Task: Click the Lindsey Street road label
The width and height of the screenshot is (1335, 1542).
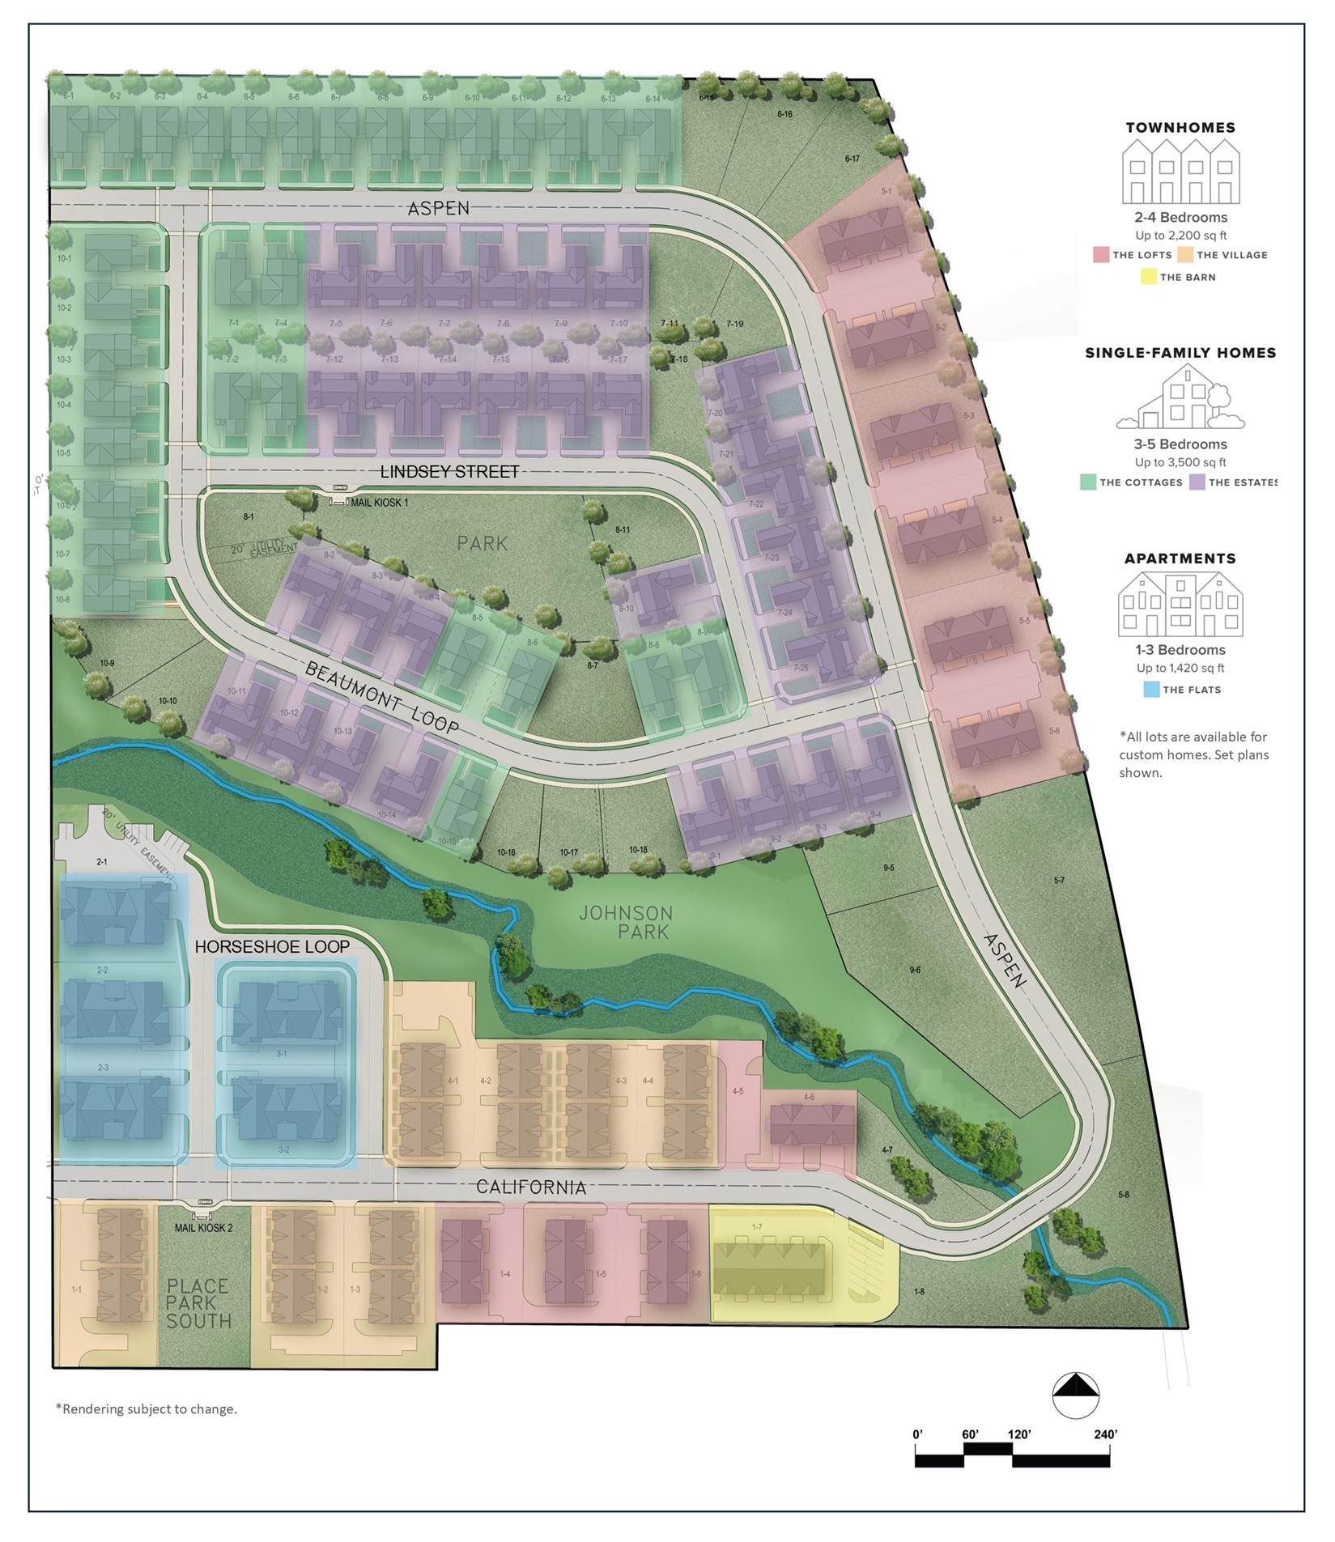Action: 449,471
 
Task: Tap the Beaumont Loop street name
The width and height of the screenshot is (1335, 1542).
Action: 382,697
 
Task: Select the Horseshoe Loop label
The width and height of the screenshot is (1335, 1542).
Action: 272,946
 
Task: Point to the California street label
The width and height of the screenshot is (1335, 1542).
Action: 531,1187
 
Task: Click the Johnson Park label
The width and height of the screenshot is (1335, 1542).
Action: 626,922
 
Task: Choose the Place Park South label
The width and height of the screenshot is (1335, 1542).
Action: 198,1303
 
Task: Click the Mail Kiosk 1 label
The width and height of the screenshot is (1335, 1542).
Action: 378,503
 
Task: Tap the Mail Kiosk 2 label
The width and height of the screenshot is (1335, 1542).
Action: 203,1228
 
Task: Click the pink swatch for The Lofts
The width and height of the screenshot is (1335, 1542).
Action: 1101,255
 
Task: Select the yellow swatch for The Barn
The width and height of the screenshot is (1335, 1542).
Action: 1148,277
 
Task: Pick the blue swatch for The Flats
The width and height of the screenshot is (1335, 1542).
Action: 1151,690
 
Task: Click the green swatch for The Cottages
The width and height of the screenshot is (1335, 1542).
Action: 1088,482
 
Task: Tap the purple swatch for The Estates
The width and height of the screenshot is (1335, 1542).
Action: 1197,482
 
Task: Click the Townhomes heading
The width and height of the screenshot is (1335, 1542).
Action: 1180,128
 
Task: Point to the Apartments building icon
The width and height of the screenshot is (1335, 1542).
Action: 1180,604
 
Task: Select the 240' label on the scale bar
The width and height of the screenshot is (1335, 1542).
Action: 1105,1434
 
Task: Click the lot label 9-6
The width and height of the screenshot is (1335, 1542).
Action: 915,970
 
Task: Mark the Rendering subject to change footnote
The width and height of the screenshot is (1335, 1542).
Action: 147,1409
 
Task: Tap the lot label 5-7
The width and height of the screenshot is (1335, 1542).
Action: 1059,880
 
